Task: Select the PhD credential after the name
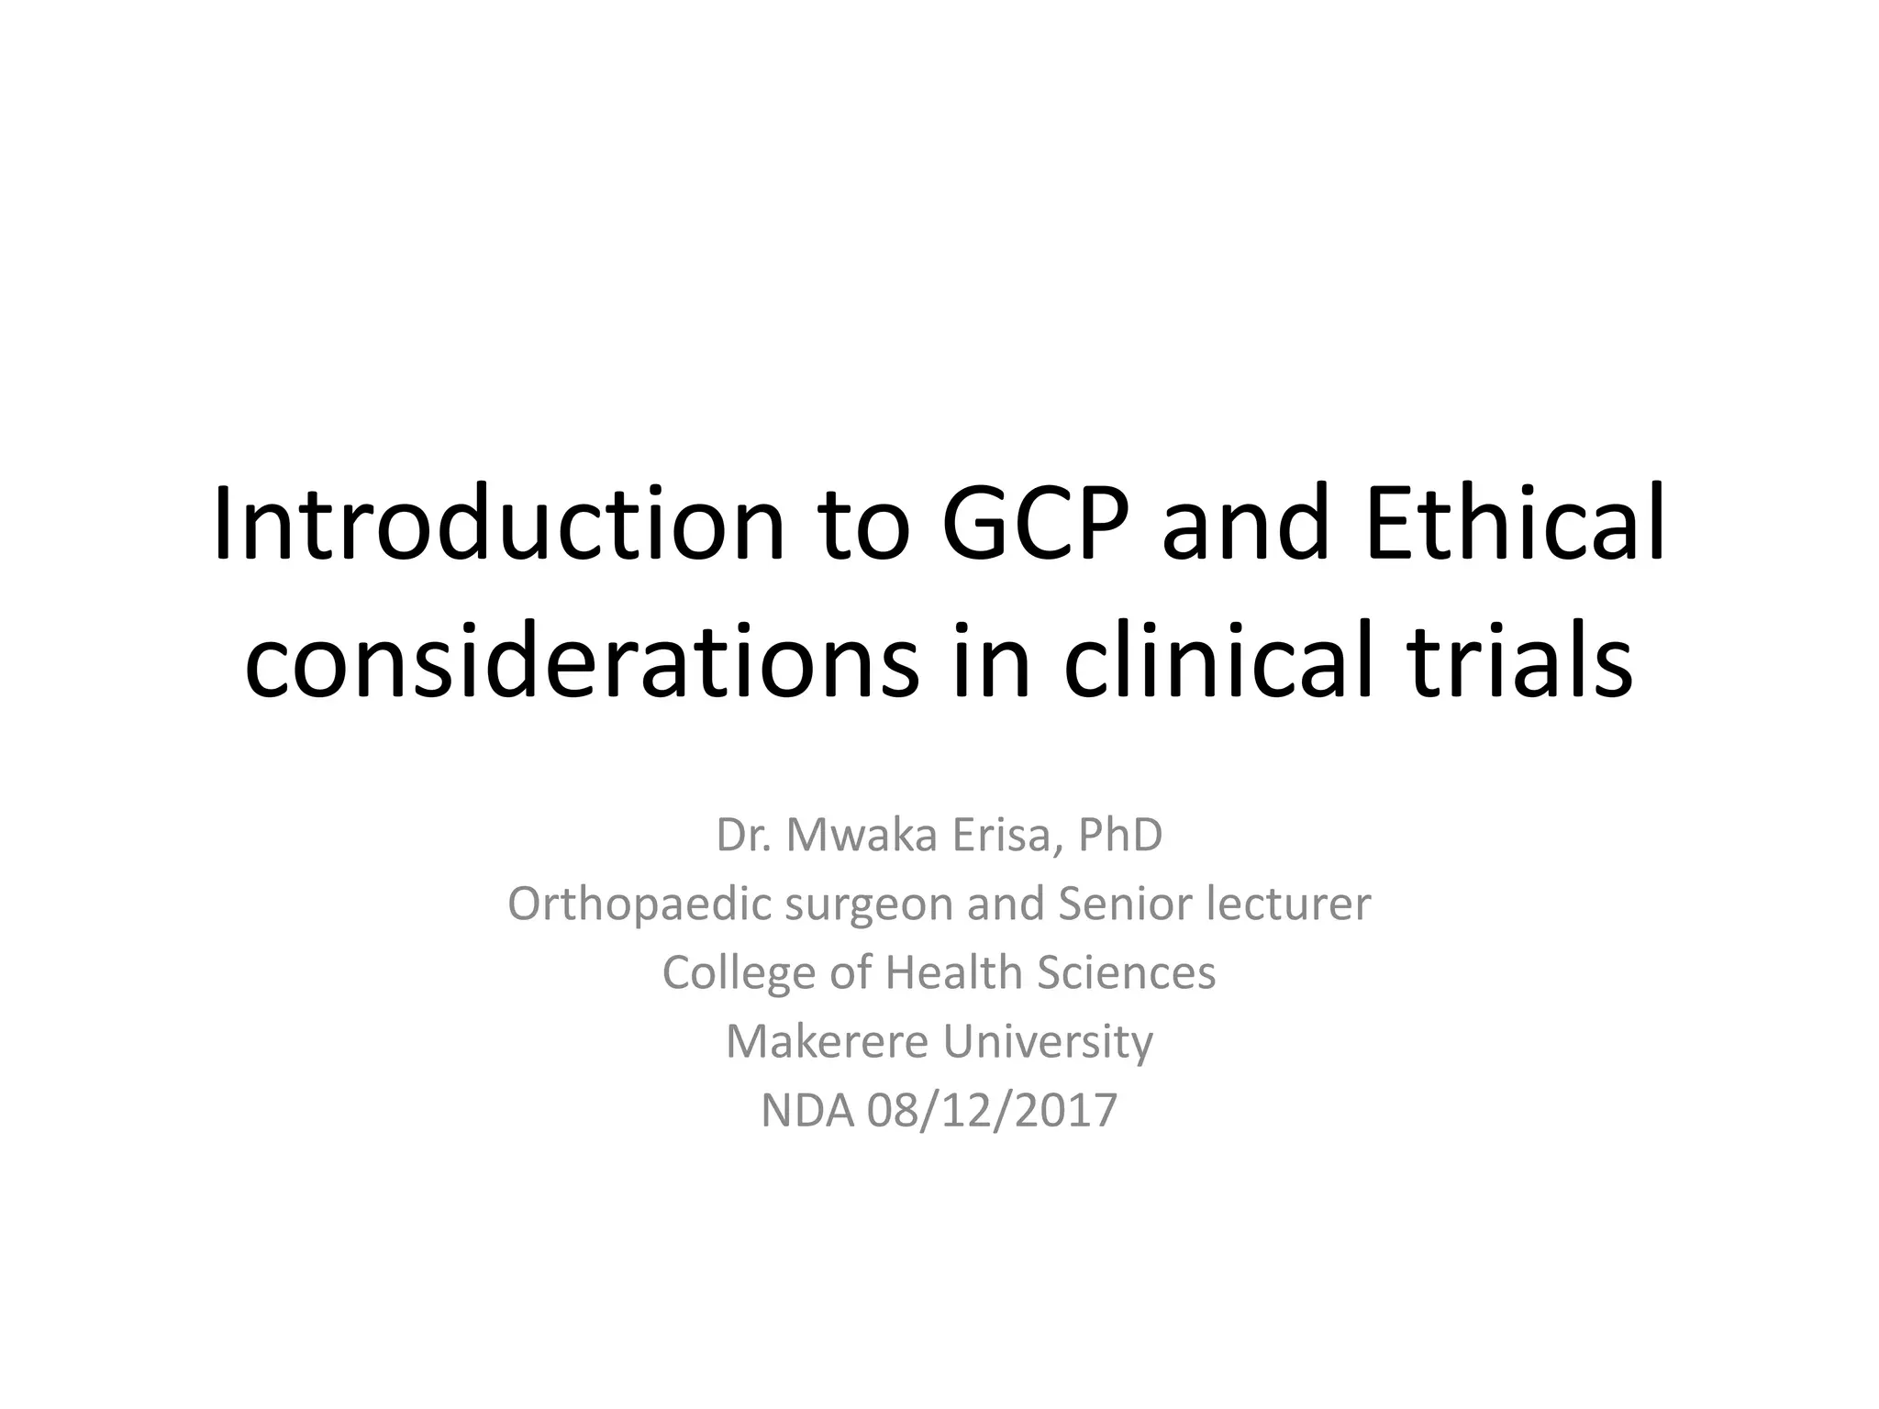(1120, 835)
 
